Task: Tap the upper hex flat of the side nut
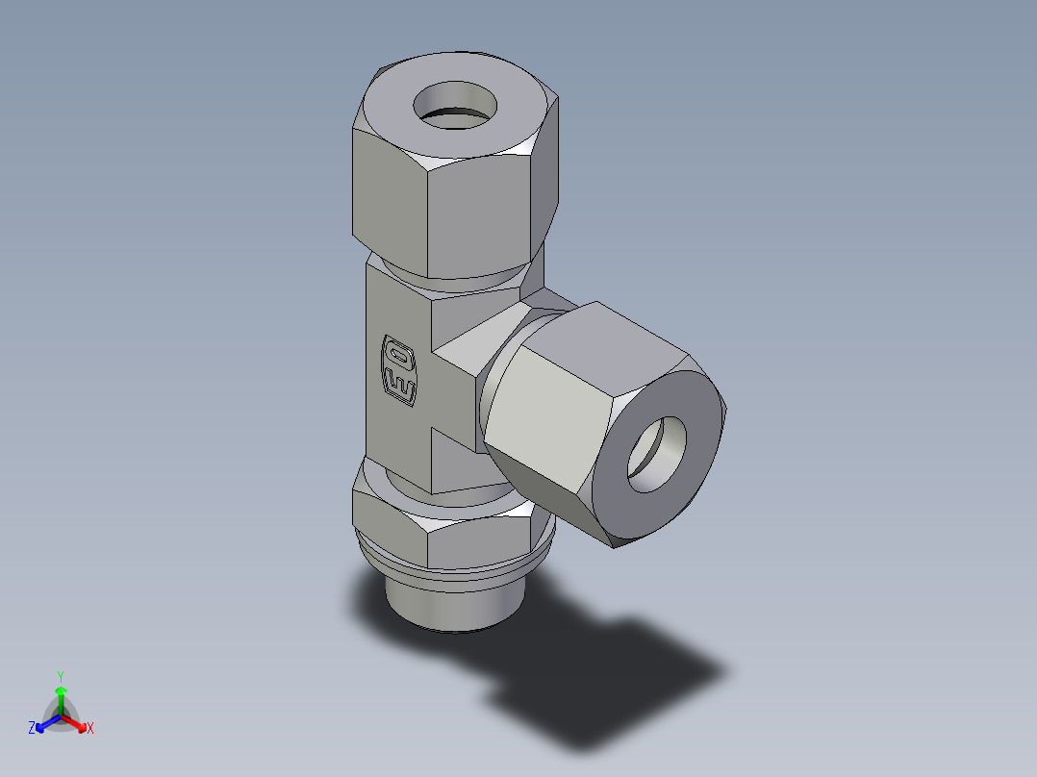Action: (x=616, y=341)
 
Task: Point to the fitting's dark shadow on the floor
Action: (x=616, y=673)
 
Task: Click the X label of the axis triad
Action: (x=90, y=729)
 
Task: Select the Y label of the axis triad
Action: (x=60, y=675)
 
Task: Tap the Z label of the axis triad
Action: (x=32, y=729)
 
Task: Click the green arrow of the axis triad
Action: (x=60, y=694)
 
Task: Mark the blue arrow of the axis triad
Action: (x=44, y=723)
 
